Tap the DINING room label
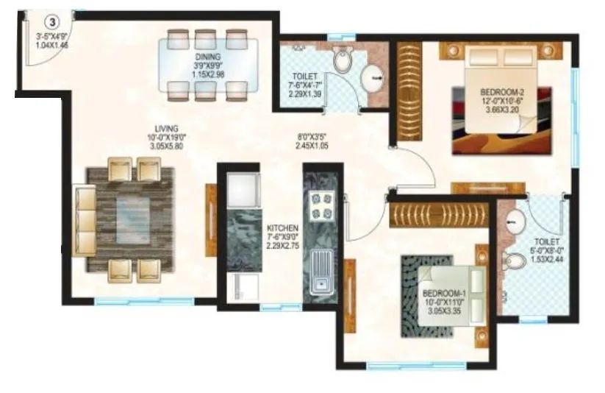pyautogui.click(x=202, y=56)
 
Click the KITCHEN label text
pyautogui.click(x=282, y=229)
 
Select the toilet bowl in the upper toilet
pyautogui.click(x=343, y=60)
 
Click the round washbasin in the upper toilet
pyautogui.click(x=374, y=74)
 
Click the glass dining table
pyautogui.click(x=206, y=65)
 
